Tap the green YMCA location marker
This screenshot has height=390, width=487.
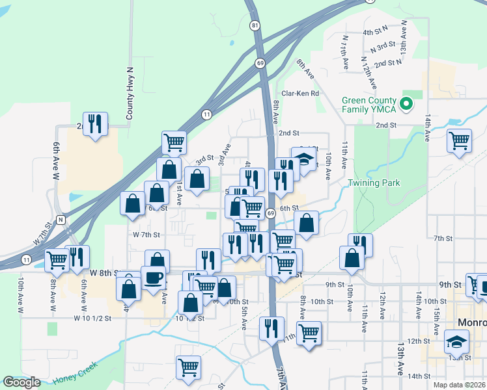click(x=408, y=103)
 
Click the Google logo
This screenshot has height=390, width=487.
click(x=21, y=382)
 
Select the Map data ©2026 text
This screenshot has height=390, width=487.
click(x=458, y=383)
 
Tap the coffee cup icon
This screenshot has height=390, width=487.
click(x=154, y=278)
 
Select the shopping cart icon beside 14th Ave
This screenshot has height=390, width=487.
click(x=459, y=139)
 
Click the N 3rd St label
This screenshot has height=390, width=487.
click(x=383, y=47)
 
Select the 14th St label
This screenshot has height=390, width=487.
click(x=415, y=376)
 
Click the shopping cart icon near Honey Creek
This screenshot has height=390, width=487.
click(x=188, y=367)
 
